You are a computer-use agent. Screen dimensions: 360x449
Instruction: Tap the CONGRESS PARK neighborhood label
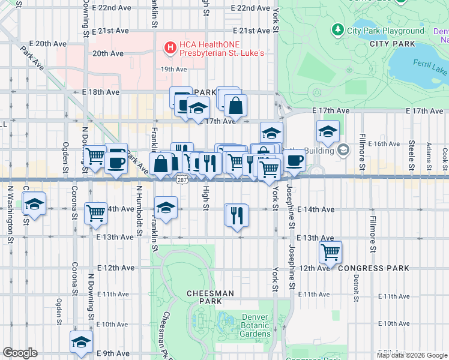tap(373, 268)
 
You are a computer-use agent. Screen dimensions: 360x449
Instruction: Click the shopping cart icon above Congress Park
tap(330, 252)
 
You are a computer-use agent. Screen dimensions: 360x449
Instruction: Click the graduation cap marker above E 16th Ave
tap(328, 131)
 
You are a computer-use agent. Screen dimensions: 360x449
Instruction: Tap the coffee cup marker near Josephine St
tap(294, 160)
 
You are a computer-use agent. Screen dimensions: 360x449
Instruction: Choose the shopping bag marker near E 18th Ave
tap(235, 106)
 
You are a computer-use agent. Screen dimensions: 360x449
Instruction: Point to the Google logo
tap(20, 353)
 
